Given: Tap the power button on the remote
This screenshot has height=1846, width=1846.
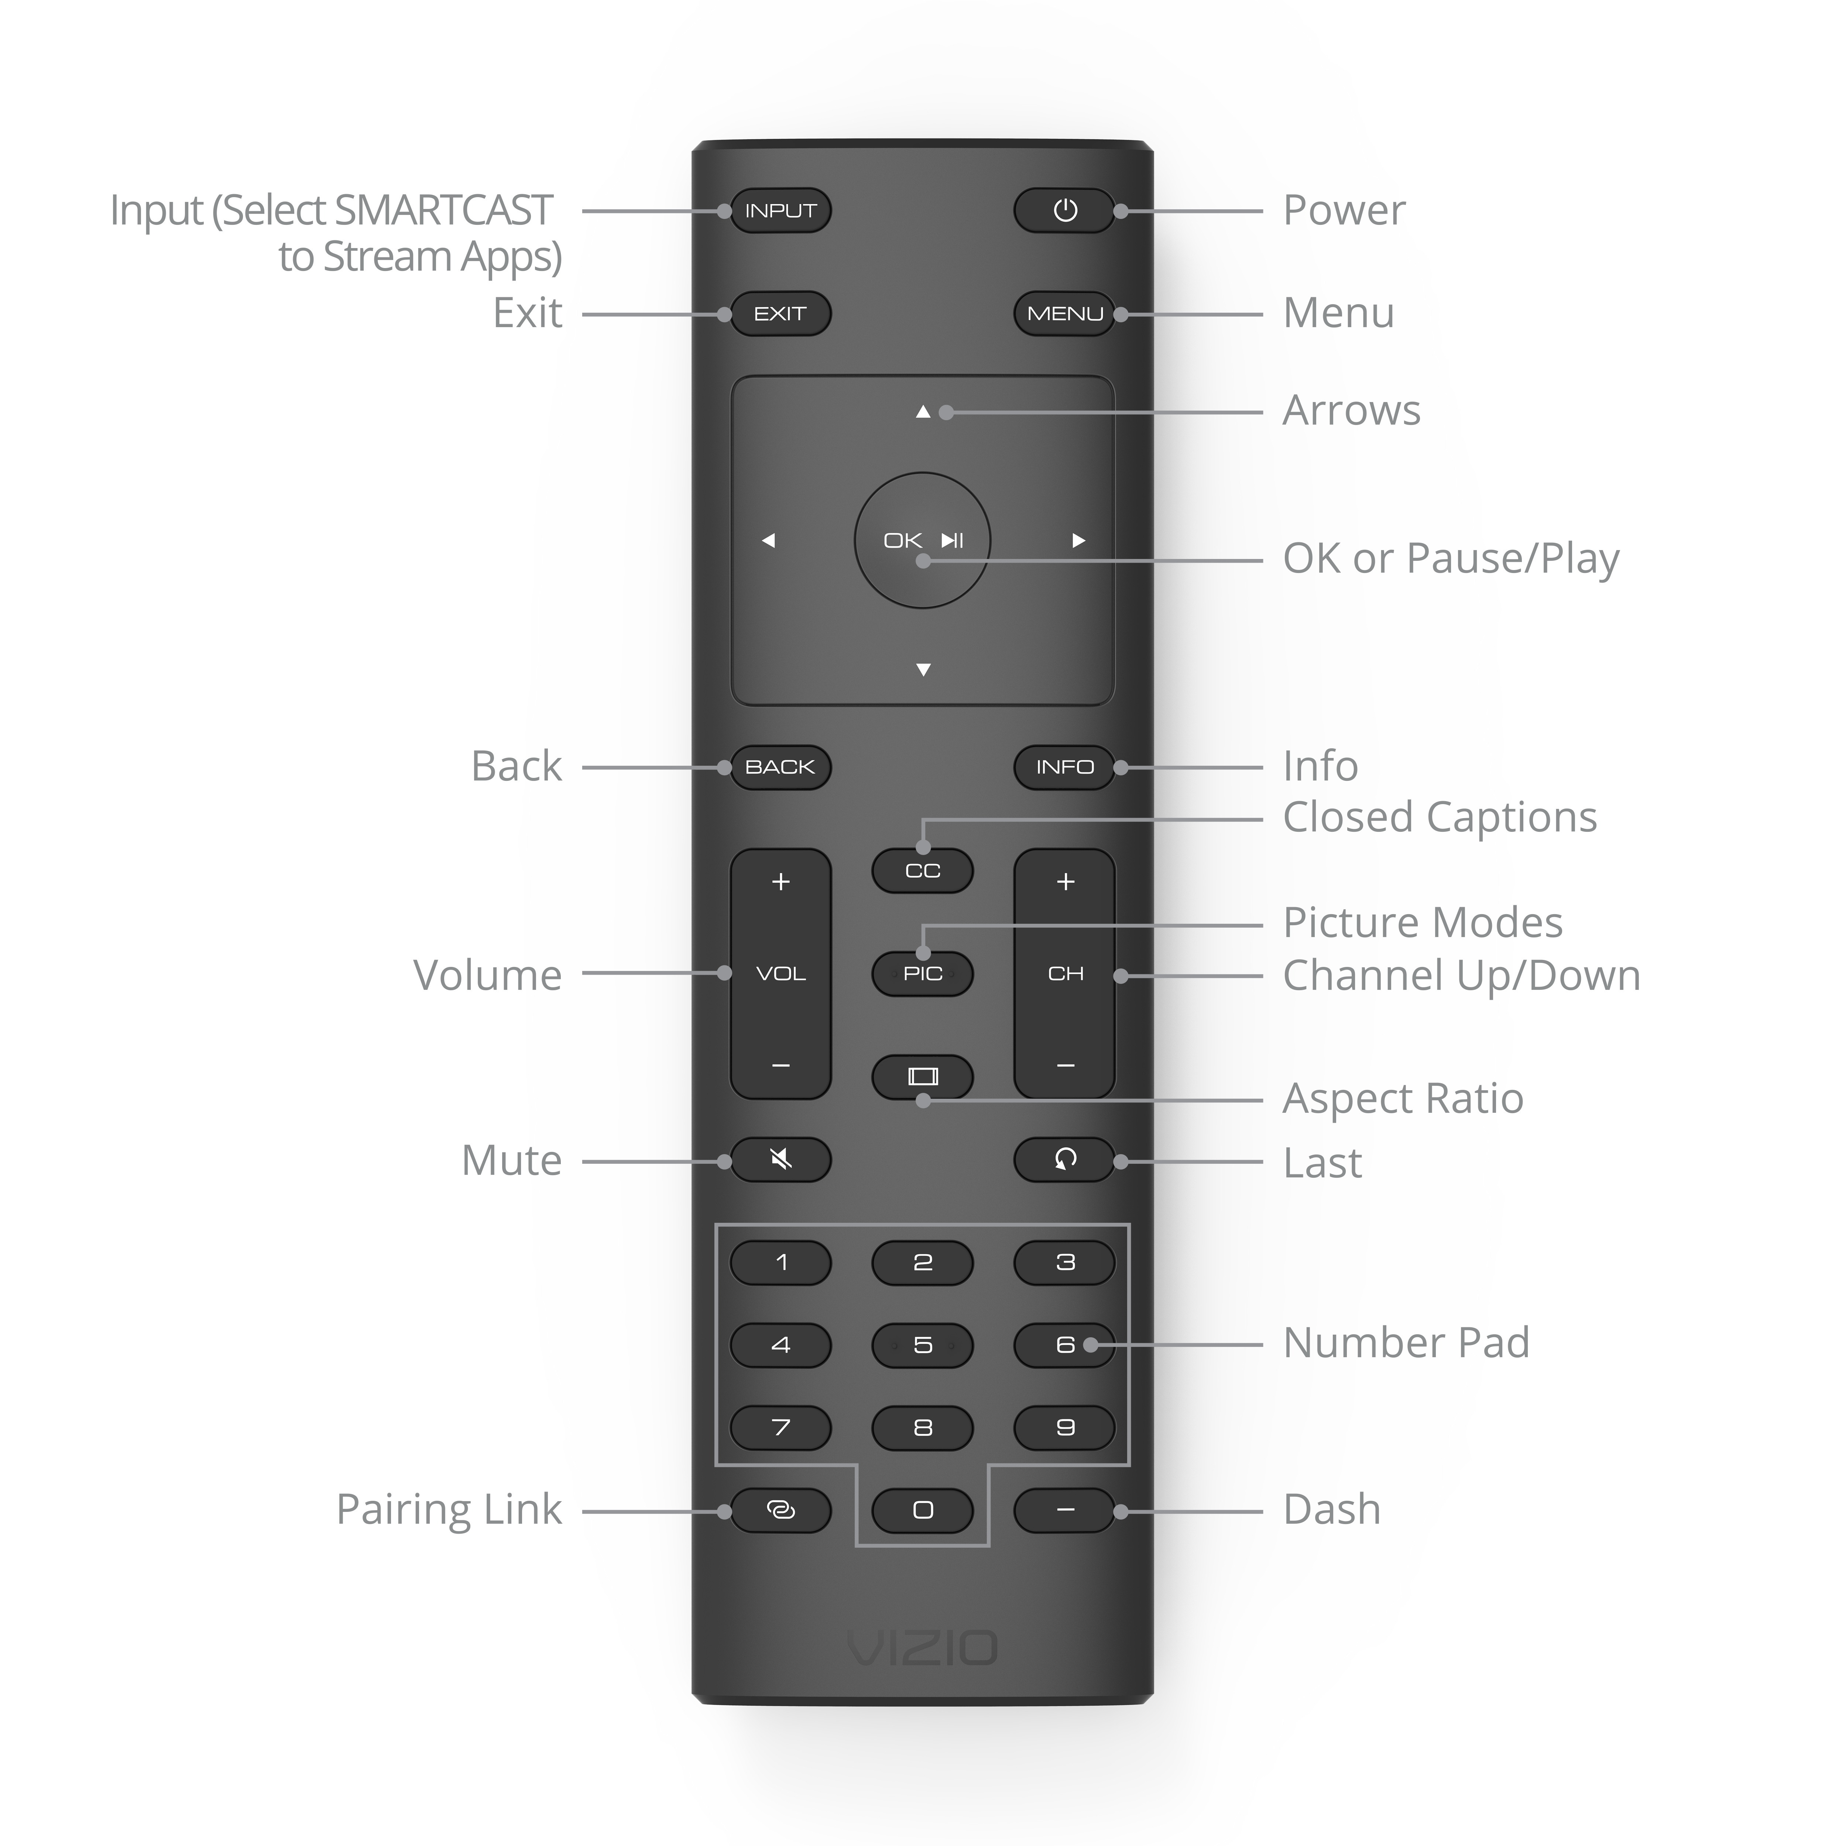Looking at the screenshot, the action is pyautogui.click(x=1064, y=210).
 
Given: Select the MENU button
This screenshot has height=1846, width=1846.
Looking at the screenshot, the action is pyautogui.click(x=1064, y=313).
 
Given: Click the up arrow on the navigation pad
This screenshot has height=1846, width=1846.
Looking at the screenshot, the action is pyautogui.click(x=923, y=412).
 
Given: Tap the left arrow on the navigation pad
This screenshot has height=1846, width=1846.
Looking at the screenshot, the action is pyautogui.click(x=768, y=541).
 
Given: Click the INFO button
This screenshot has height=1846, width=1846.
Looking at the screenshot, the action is pyautogui.click(x=1064, y=767).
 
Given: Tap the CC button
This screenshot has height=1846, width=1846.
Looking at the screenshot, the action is pyautogui.click(x=923, y=871).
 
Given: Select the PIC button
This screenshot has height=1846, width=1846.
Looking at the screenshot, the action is pyautogui.click(x=923, y=974).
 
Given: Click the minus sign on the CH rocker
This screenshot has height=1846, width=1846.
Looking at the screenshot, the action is pyautogui.click(x=1066, y=1066).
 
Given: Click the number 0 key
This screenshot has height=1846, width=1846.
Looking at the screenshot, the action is pyautogui.click(x=923, y=1510).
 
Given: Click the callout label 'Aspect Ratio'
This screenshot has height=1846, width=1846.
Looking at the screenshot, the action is pyautogui.click(x=1403, y=1099).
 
